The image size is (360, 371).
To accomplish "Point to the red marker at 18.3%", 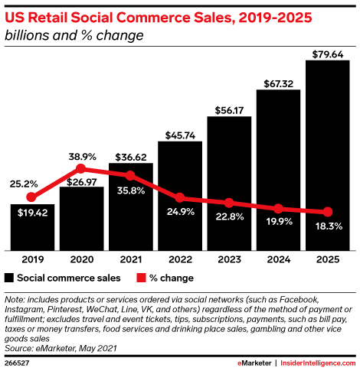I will click(328, 212).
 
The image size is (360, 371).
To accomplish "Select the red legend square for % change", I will click(142, 278).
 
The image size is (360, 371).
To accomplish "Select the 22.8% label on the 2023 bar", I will click(229, 216).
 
